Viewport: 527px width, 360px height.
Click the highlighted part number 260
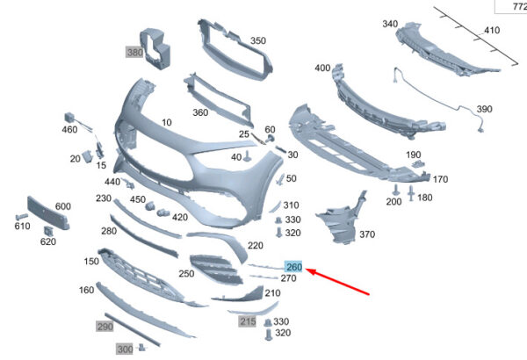click(294, 267)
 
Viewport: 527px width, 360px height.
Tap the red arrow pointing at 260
click(338, 282)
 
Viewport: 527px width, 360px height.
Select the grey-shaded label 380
click(134, 52)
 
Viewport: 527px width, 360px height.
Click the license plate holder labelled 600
click(48, 213)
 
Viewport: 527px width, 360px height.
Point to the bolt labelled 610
click(21, 216)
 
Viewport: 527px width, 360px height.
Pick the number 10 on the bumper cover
click(167, 122)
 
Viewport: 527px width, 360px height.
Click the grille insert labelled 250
click(216, 269)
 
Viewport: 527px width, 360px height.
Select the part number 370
click(367, 234)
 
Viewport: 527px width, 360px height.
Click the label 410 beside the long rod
click(492, 30)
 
